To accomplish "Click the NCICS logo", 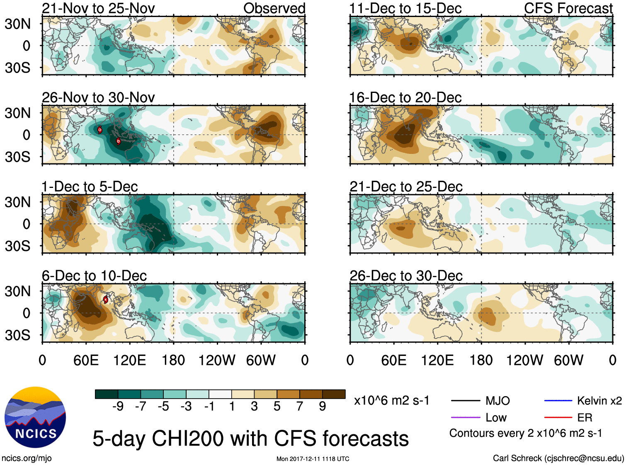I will click(x=35, y=417).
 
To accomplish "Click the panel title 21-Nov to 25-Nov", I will click(x=98, y=8).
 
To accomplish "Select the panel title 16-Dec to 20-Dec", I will click(x=405, y=97).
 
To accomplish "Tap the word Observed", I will click(x=274, y=8).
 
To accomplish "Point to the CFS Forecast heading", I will click(x=568, y=8).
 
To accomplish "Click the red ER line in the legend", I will click(x=558, y=417).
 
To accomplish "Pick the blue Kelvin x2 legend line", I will click(x=558, y=401).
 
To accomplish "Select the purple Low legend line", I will click(x=465, y=417).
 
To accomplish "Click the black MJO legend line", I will click(x=465, y=401).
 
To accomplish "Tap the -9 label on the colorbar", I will click(x=118, y=406).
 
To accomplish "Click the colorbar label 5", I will click(x=277, y=406).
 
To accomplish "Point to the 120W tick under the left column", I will click(x=217, y=360).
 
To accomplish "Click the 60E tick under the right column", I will click(x=393, y=360).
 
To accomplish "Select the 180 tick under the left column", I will click(x=173, y=360).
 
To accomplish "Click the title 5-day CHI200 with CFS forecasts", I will click(x=250, y=438).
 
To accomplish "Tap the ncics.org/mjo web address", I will click(x=27, y=458).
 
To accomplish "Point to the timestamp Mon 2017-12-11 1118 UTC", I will click(x=313, y=459).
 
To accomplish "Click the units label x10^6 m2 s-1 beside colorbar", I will click(x=391, y=400).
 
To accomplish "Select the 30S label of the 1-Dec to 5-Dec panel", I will click(x=17, y=246).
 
